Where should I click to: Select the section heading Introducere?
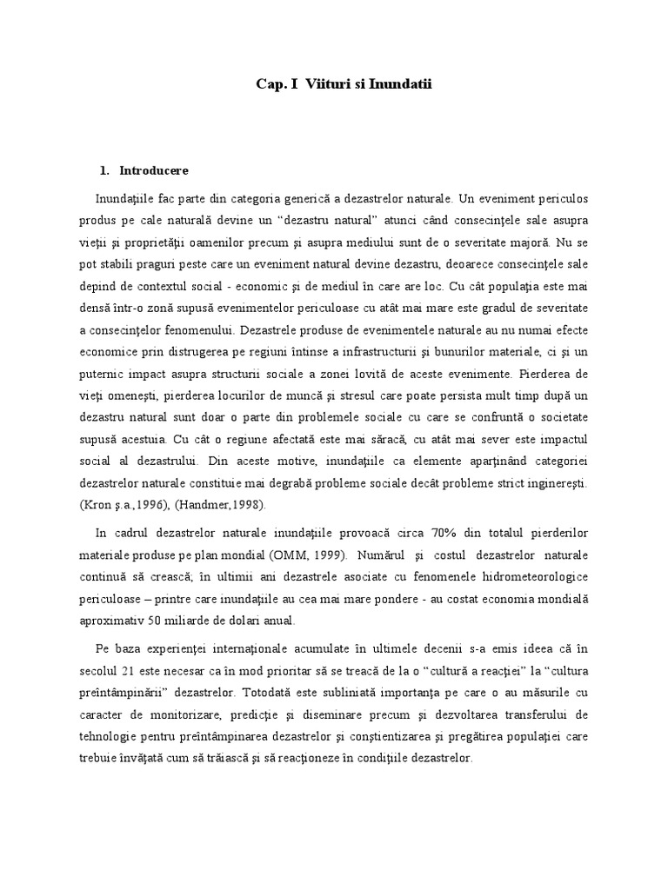pyautogui.click(x=154, y=169)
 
